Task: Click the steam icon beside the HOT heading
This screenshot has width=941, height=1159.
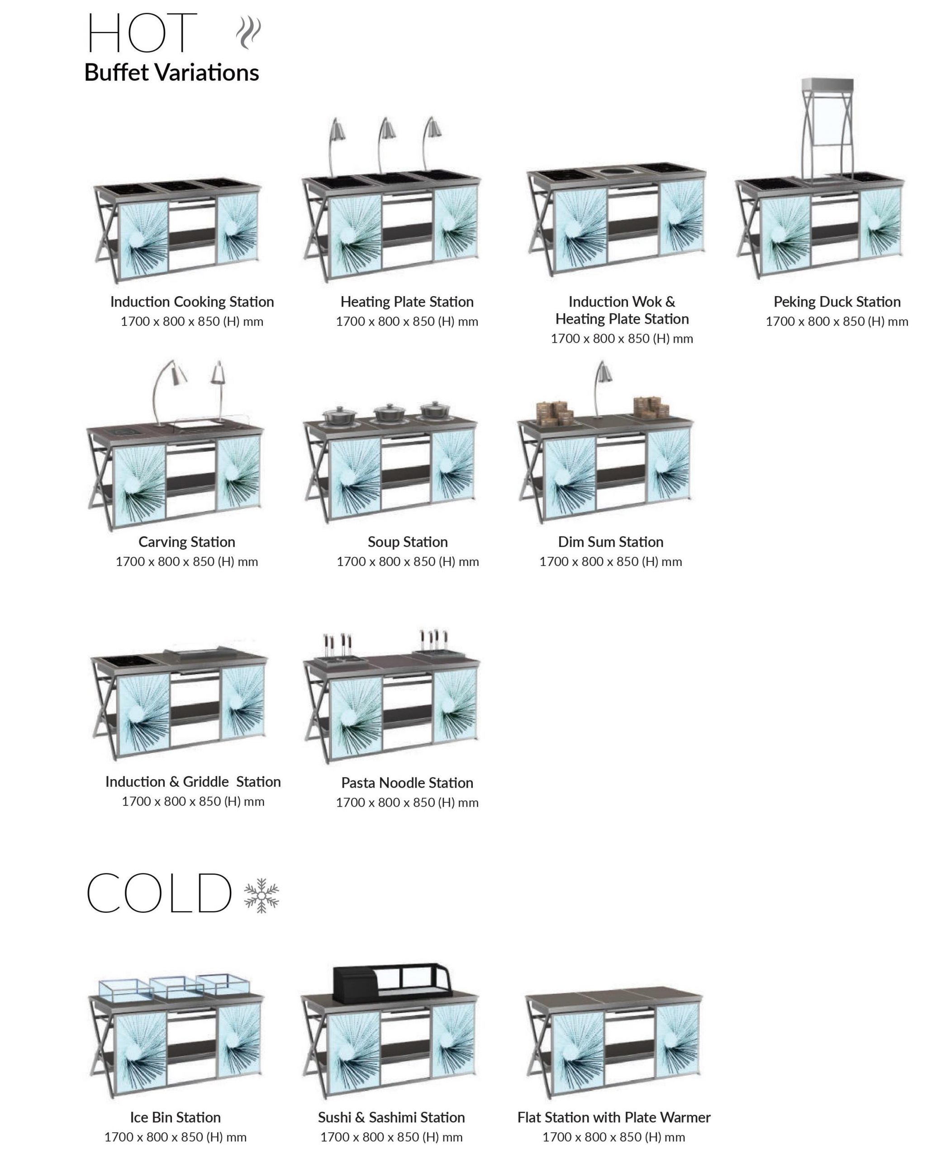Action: [248, 33]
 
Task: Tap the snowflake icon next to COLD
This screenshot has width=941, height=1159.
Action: [261, 896]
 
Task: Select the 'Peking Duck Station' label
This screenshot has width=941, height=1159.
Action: [837, 302]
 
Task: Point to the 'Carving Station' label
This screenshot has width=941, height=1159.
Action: [187, 542]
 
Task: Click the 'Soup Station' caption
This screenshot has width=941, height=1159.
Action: [408, 542]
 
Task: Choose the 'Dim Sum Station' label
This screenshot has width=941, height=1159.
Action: [611, 542]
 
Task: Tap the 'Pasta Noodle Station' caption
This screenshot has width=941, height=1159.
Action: [407, 783]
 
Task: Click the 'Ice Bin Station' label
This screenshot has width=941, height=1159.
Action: [176, 1117]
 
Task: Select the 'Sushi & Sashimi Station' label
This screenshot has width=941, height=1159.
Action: [391, 1117]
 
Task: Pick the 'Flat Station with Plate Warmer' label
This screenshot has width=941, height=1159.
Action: [613, 1117]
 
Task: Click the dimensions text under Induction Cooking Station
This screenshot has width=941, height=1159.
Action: [192, 321]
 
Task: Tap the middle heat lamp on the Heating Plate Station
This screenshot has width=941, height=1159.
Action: [386, 144]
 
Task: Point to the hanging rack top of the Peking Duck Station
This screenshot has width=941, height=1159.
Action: [827, 85]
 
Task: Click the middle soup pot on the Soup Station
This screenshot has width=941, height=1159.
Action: [389, 412]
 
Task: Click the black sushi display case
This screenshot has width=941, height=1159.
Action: [391, 983]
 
